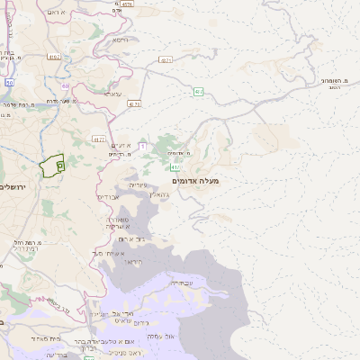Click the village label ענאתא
[112, 94]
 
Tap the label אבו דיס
[107, 195]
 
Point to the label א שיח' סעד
[107, 253]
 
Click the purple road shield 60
[67, 86]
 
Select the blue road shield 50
[10, 82]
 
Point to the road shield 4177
[98, 139]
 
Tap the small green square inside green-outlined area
[59, 165]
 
